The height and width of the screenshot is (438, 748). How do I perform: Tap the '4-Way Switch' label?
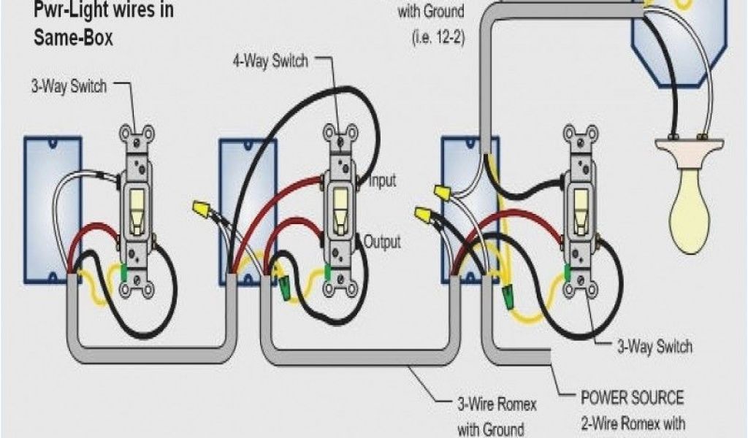tap(270, 61)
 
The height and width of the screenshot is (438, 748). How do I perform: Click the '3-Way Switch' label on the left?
tap(69, 87)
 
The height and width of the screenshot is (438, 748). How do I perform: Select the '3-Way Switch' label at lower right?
tap(653, 346)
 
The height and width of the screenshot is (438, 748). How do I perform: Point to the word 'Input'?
tap(382, 181)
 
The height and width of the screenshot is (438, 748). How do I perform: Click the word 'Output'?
tap(382, 242)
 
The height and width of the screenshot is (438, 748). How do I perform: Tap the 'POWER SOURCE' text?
tap(633, 399)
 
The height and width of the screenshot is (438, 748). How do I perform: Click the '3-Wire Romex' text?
tap(496, 404)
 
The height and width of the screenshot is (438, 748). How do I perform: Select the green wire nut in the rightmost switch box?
tap(506, 296)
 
